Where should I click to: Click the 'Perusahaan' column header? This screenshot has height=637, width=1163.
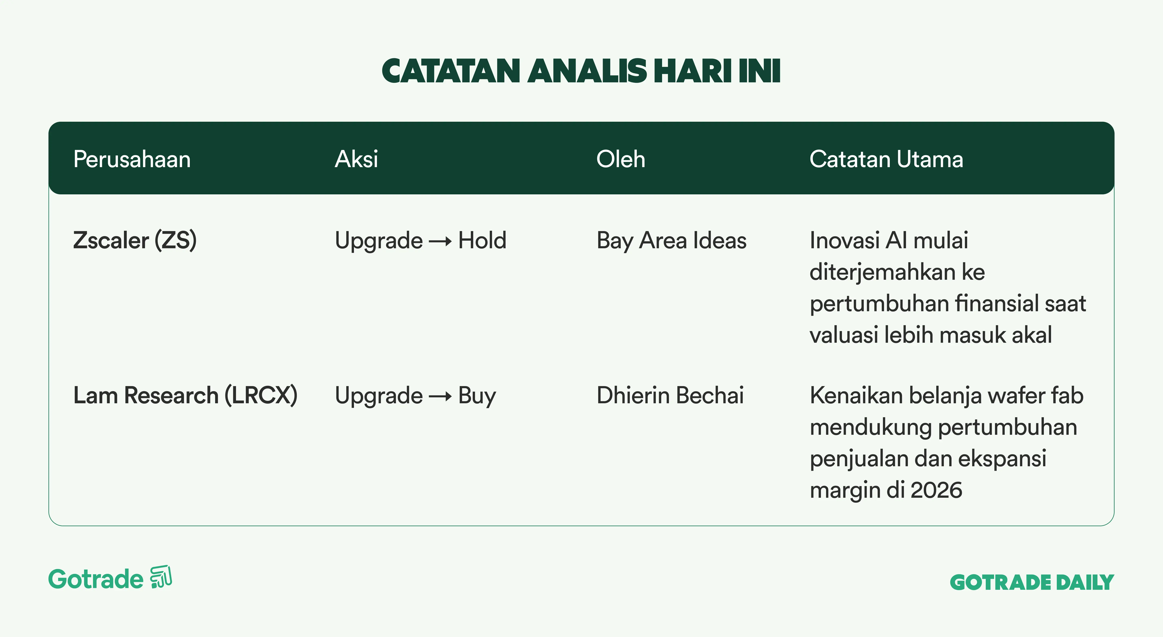click(x=132, y=159)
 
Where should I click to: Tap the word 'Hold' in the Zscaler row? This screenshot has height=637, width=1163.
click(x=482, y=240)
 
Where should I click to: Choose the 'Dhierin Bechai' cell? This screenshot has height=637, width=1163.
click(x=670, y=395)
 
